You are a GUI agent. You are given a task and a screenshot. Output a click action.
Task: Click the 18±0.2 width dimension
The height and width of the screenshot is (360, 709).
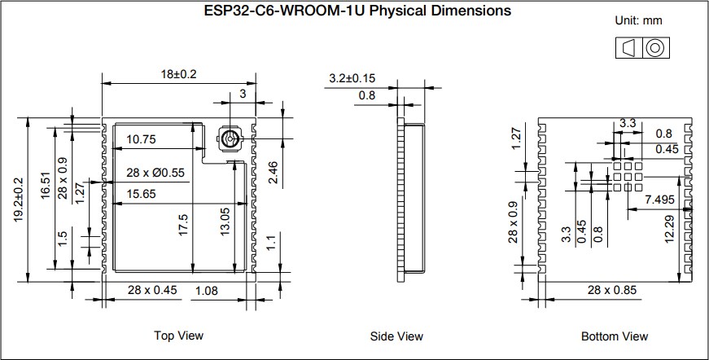(178, 74)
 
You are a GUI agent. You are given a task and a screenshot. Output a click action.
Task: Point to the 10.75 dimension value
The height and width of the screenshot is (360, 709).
(141, 140)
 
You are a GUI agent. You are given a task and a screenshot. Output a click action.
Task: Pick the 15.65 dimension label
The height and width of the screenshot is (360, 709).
(141, 193)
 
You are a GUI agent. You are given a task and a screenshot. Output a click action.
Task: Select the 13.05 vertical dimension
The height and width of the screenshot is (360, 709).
(225, 222)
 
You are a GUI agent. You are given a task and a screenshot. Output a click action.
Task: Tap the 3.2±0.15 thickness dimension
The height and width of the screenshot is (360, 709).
(352, 79)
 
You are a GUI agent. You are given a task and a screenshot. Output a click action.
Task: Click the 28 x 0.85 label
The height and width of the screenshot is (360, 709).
(613, 290)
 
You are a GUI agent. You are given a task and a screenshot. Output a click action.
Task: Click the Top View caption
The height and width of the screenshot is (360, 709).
(178, 336)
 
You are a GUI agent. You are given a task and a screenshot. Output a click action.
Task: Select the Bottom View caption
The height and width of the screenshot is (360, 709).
(615, 336)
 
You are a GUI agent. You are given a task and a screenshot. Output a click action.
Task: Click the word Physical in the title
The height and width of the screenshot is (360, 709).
(404, 11)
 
